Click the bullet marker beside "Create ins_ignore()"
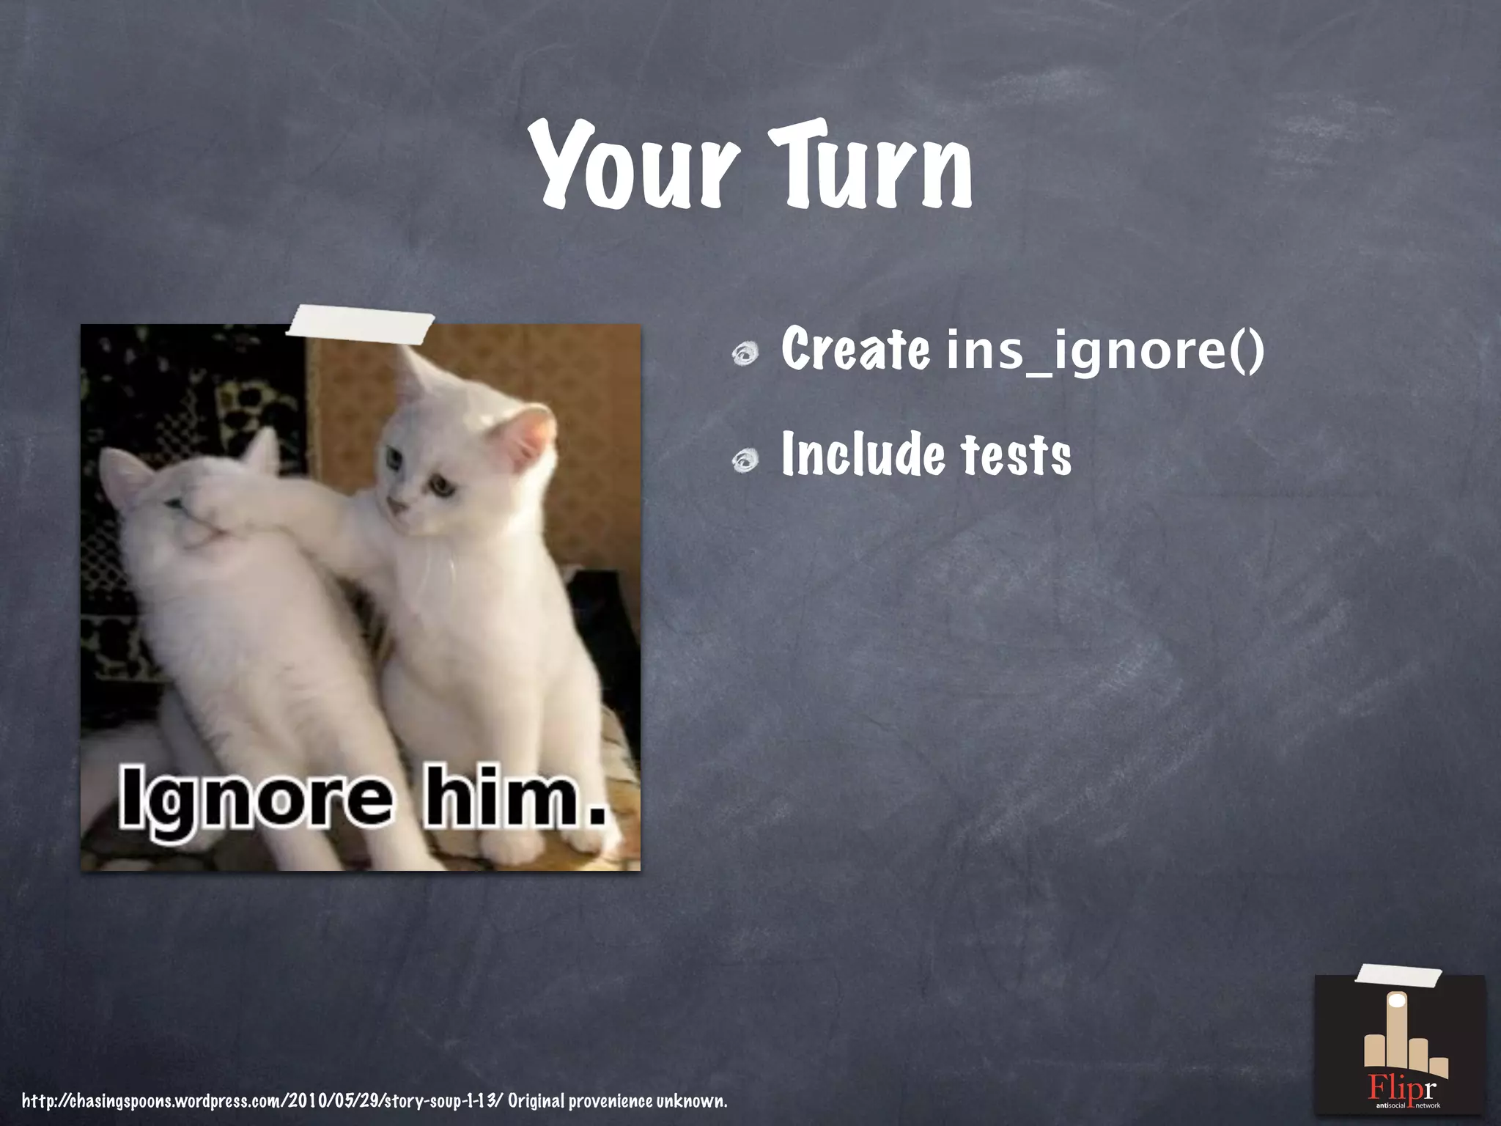(746, 355)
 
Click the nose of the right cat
(396, 506)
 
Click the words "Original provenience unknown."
(617, 1100)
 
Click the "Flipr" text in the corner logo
(1401, 1087)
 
